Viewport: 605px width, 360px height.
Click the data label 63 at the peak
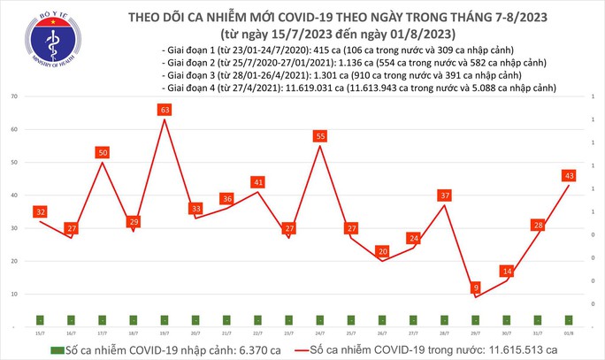[x=165, y=111]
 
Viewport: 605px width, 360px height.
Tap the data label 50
[x=103, y=153]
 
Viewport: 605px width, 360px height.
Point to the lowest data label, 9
[x=476, y=287]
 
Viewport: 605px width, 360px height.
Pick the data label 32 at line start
[x=40, y=212]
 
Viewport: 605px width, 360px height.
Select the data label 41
[x=257, y=183]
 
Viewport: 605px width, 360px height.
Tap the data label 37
[x=444, y=195]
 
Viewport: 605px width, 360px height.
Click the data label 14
[x=506, y=271]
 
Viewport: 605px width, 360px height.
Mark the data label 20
[x=381, y=251]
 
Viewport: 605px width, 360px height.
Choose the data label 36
[x=226, y=199]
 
